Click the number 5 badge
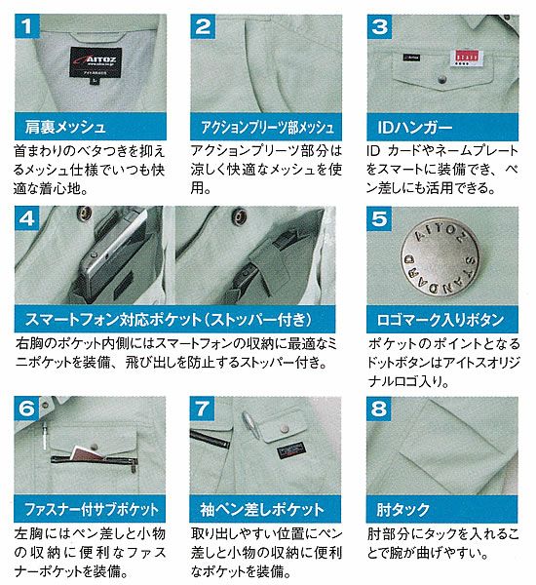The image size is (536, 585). click(381, 219)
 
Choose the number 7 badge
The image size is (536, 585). click(203, 409)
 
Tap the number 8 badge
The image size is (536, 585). click(380, 409)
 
